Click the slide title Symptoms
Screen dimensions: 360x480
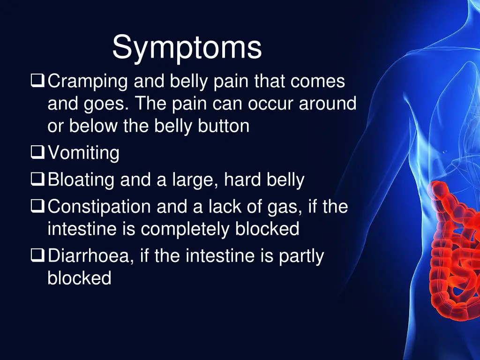[x=187, y=47]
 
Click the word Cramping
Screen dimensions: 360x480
[x=88, y=82]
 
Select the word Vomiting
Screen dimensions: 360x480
[x=83, y=153]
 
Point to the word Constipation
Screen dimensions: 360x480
[x=99, y=207]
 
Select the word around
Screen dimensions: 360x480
[x=328, y=104]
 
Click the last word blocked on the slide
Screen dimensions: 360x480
[x=79, y=278]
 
